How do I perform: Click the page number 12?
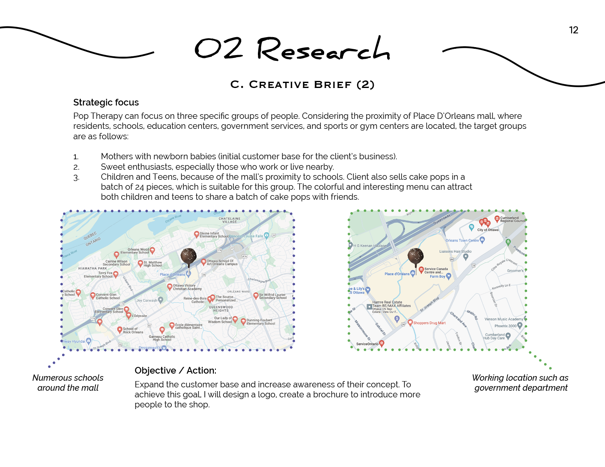pyautogui.click(x=573, y=30)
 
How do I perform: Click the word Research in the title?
pyautogui.click(x=323, y=50)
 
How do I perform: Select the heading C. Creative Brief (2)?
pyautogui.click(x=302, y=85)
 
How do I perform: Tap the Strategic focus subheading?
pyautogui.click(x=106, y=103)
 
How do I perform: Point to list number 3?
pyautogui.click(x=76, y=178)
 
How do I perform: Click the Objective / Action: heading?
pyautogui.click(x=175, y=371)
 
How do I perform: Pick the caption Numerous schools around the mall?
pyautogui.click(x=68, y=383)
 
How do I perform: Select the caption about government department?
pyautogui.click(x=520, y=383)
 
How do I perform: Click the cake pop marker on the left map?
pyautogui.click(x=188, y=257)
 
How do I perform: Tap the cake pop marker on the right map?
pyautogui.click(x=415, y=257)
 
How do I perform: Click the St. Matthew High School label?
pyautogui.click(x=152, y=264)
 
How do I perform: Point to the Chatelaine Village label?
pyautogui.click(x=230, y=220)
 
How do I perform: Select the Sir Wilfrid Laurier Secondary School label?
pyautogui.click(x=272, y=296)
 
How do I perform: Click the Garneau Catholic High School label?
pyautogui.click(x=162, y=338)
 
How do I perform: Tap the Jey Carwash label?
pyautogui.click(x=147, y=300)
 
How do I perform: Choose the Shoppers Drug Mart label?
pyautogui.click(x=429, y=323)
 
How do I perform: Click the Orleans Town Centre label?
pyautogui.click(x=462, y=241)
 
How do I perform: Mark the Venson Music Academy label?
pyautogui.click(x=504, y=319)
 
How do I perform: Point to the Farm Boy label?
pyautogui.click(x=437, y=276)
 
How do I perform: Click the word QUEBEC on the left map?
pyautogui.click(x=90, y=236)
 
